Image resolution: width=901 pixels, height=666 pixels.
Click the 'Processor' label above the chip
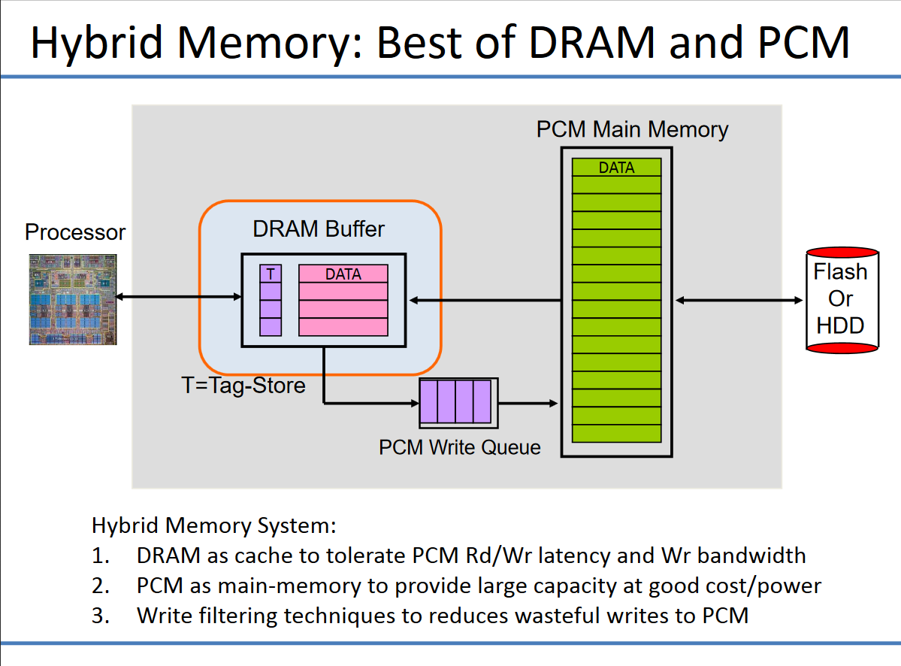tap(75, 232)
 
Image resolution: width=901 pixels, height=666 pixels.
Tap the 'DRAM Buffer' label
tap(319, 229)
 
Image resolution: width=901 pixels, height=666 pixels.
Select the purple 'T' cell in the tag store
tap(271, 274)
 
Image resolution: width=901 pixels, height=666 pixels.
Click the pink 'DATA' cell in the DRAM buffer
tap(343, 274)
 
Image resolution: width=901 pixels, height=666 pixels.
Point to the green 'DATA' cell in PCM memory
tap(616, 168)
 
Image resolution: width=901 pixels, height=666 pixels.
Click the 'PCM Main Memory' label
tap(632, 129)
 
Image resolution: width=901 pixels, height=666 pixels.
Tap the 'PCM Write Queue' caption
tap(459, 447)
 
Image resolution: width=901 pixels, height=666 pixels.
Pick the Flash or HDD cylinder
tap(842, 300)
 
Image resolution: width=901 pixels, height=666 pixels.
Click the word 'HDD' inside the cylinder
tap(841, 325)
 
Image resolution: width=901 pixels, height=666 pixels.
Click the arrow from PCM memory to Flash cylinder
tap(739, 301)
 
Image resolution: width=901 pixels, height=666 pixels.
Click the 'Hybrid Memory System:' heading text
tap(213, 525)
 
